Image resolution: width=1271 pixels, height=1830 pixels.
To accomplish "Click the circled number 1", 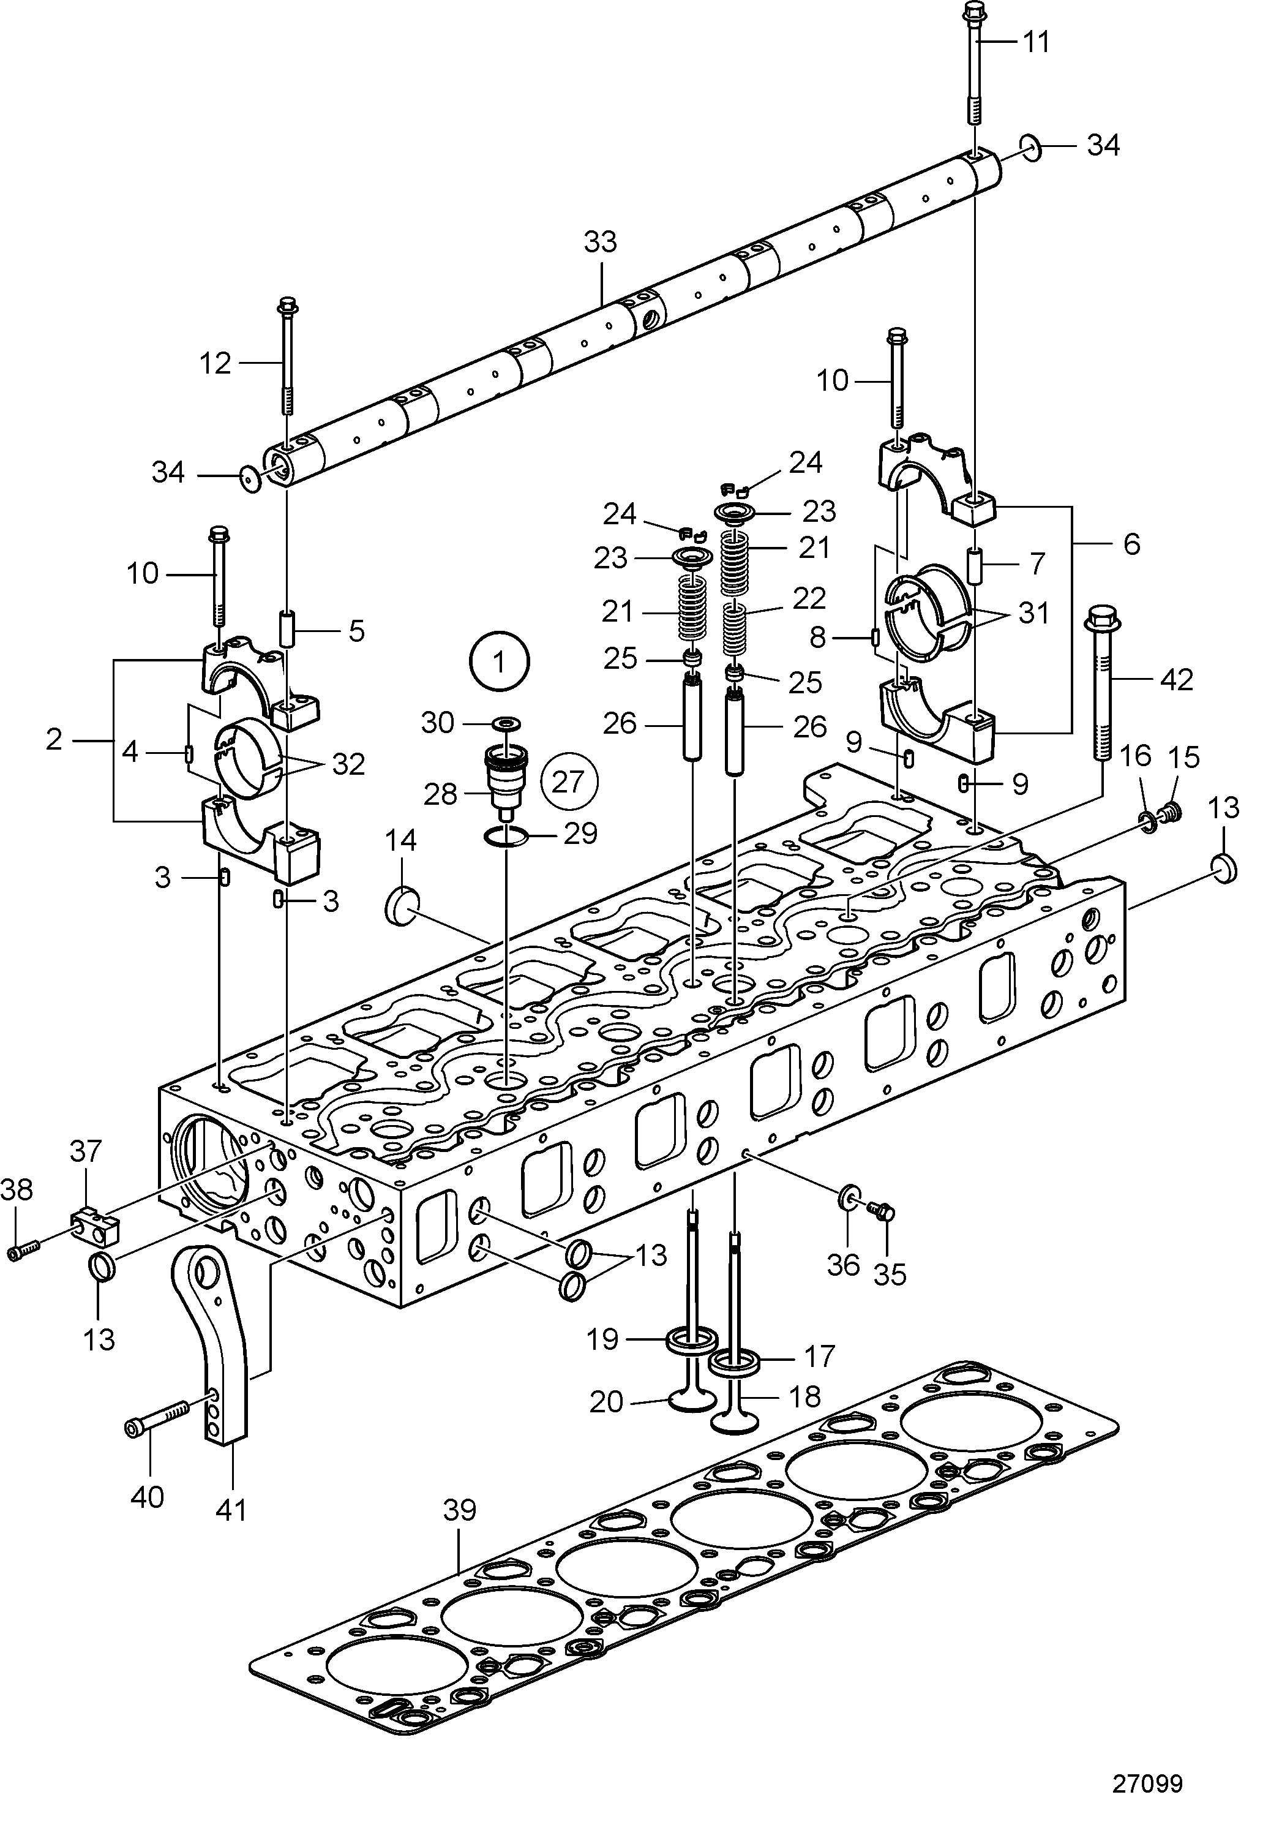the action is pos(500,662).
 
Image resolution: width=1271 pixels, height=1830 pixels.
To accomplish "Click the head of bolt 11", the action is pos(973,12).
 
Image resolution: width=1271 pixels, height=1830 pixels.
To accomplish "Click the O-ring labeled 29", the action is pos(506,837).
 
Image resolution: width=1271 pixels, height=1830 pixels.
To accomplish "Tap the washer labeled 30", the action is pos(505,723).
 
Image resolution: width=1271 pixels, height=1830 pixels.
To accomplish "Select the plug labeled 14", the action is pos(402,908).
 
